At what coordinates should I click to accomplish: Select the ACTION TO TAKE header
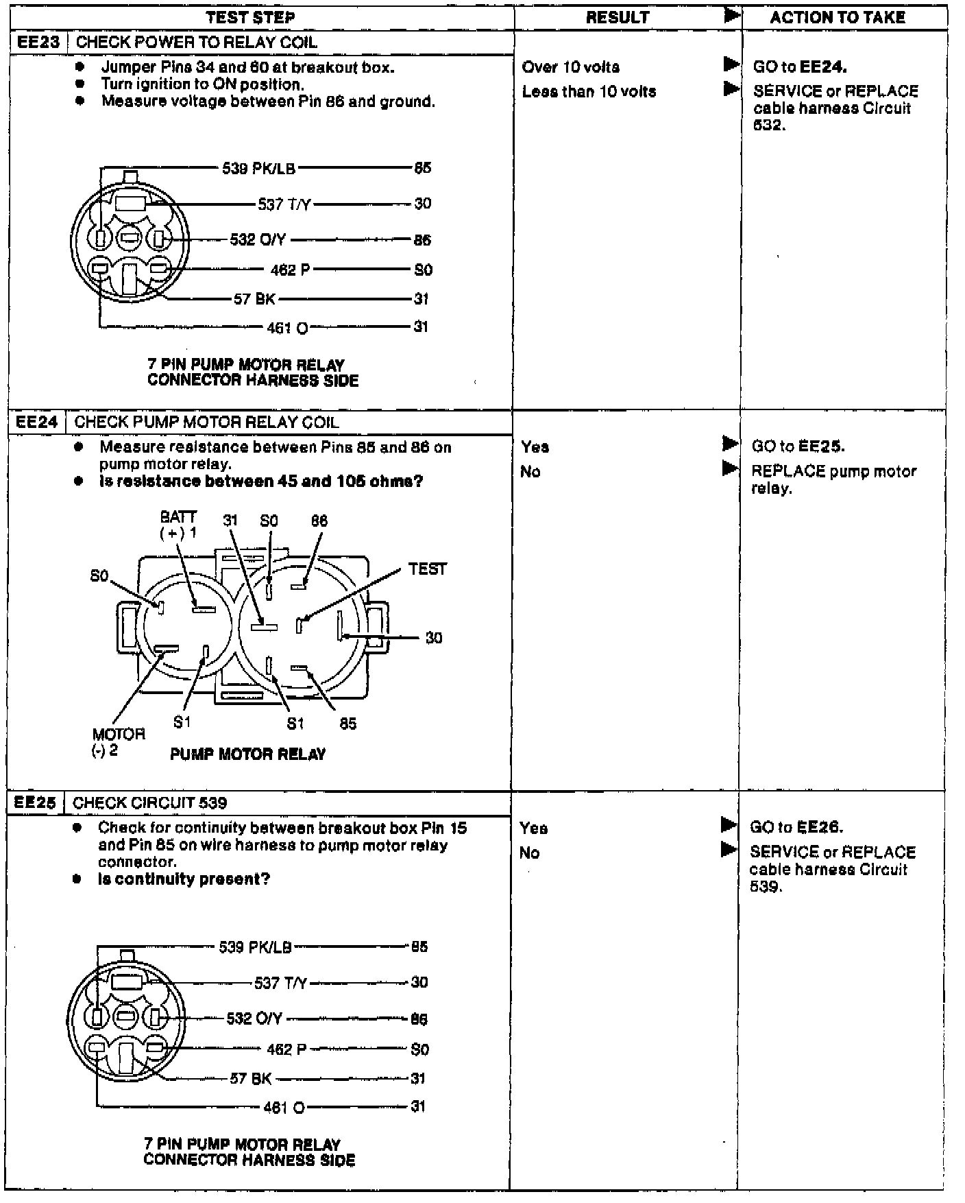point(837,18)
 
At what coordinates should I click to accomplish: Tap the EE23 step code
point(38,42)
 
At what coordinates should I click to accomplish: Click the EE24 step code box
point(37,422)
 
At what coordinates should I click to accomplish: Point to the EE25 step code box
point(36,802)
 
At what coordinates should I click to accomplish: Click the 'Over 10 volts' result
point(570,67)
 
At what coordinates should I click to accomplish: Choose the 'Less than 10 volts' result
point(589,92)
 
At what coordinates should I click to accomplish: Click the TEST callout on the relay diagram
point(427,569)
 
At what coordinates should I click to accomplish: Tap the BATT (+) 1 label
point(178,525)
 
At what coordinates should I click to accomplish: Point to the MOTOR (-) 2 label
point(118,741)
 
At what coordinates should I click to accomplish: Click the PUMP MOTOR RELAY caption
point(247,754)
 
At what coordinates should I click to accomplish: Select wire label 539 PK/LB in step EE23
point(258,168)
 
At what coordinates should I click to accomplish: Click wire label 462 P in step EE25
point(286,1049)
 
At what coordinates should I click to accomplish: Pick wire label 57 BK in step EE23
point(254,299)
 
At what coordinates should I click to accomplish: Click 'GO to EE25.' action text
point(798,446)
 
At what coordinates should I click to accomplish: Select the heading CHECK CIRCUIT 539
point(150,802)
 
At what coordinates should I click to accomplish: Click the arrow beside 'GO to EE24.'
point(731,65)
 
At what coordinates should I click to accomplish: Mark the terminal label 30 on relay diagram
point(434,638)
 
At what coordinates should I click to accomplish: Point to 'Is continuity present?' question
point(184,879)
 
